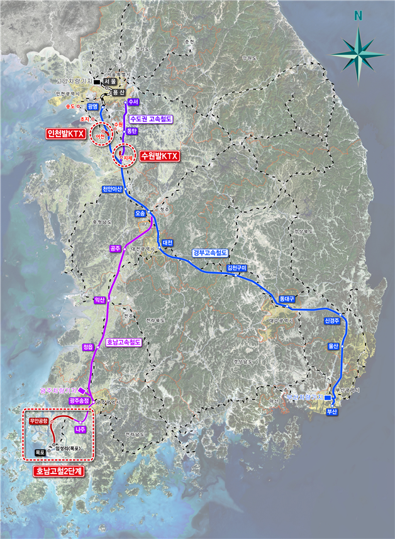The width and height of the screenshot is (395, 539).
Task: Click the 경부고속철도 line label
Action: (x=210, y=253)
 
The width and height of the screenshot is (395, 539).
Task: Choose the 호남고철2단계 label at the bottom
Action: (x=60, y=470)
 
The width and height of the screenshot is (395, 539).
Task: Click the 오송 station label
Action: (x=140, y=214)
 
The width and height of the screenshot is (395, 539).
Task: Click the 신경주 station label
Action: (x=332, y=321)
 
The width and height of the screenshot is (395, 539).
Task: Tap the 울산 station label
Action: (x=333, y=346)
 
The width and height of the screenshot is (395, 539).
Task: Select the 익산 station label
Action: (x=99, y=300)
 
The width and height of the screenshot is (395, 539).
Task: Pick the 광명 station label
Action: (x=93, y=106)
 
